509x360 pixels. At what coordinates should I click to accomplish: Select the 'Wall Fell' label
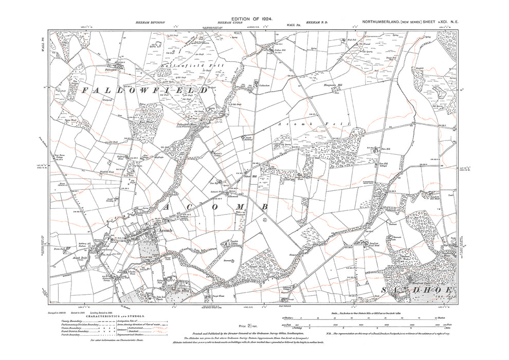coord(352,39)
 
